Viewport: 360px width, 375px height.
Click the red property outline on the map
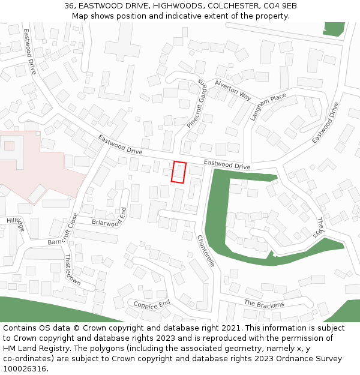coord(179,172)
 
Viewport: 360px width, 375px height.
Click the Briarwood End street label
coord(110,217)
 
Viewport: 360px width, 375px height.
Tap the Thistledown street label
coord(73,269)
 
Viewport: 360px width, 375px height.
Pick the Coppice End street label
coord(152,304)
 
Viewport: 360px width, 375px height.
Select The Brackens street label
coord(263,304)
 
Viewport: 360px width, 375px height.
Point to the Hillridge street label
coord(16,224)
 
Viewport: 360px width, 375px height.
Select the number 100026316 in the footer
coord(24,369)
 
